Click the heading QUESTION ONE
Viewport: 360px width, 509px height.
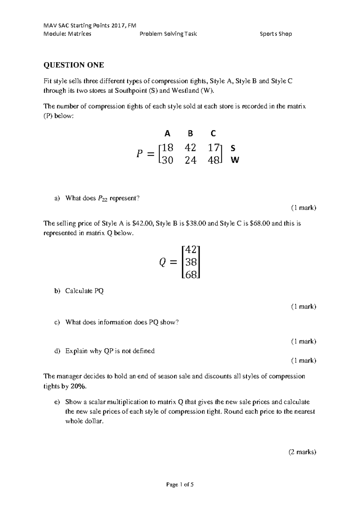[74, 65]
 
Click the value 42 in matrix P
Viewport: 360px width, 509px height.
[190, 148]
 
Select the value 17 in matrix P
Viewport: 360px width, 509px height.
[214, 148]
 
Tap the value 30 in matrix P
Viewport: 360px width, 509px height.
[167, 160]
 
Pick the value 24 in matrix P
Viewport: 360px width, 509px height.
[190, 160]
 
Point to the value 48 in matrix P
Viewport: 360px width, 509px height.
[214, 160]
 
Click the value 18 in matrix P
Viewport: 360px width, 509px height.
[167, 148]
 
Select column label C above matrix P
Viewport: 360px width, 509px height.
[213, 133]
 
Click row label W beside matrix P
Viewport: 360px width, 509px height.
[235, 160]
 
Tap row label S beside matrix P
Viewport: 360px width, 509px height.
[233, 148]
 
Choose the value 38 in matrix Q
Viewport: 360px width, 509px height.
[191, 262]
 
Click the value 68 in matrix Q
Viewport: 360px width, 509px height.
[191, 275]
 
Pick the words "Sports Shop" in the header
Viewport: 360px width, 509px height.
[276, 34]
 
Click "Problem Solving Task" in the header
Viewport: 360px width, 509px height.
[168, 34]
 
